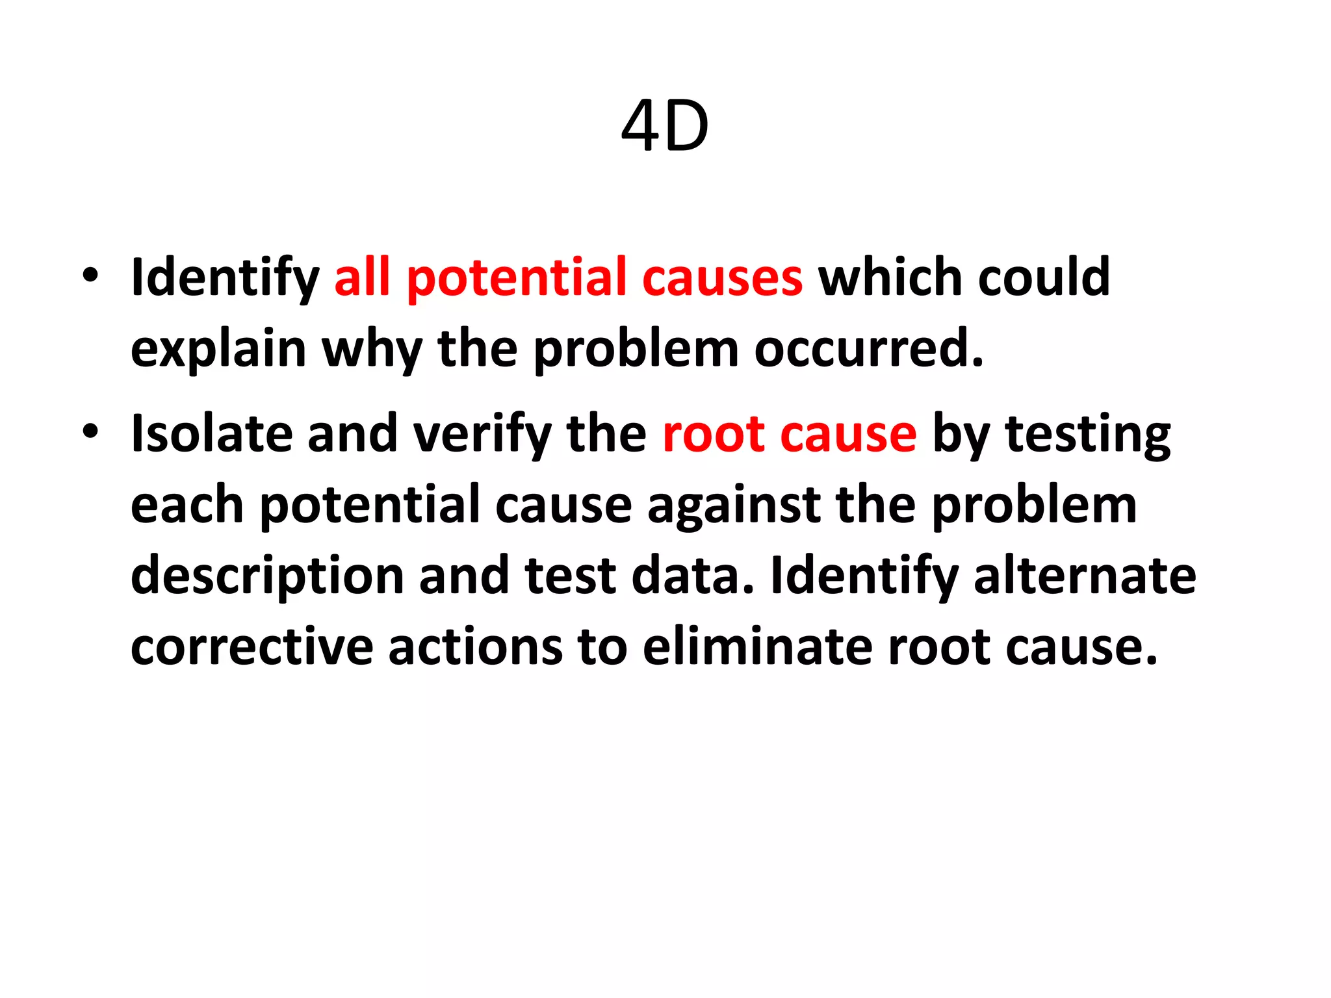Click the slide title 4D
665,127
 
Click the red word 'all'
362,277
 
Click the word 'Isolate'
211,433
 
